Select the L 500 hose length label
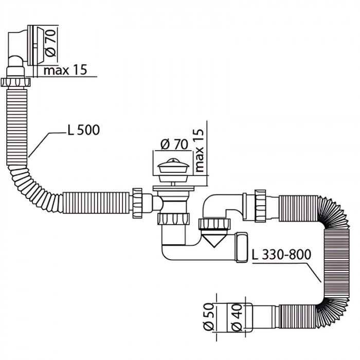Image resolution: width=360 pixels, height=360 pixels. (83, 130)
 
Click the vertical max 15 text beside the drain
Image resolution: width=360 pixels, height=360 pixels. (200, 151)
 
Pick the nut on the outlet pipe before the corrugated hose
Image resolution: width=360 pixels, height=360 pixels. (260, 205)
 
